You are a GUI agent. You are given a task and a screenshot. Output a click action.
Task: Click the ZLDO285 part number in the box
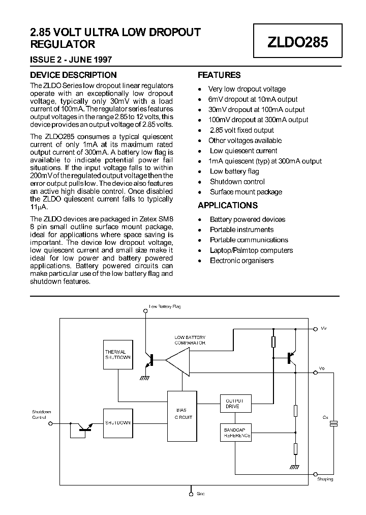click(x=298, y=42)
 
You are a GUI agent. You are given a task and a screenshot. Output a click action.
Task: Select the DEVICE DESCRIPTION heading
click(x=73, y=75)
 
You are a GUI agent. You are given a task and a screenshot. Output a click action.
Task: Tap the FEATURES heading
click(x=219, y=75)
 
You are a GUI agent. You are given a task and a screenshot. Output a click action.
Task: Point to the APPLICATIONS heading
click(x=228, y=206)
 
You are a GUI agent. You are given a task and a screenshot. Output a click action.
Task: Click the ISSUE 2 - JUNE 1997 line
click(x=71, y=60)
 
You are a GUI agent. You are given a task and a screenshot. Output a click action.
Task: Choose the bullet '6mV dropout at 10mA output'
click(x=253, y=99)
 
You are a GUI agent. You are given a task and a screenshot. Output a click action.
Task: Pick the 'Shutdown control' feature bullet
click(x=237, y=182)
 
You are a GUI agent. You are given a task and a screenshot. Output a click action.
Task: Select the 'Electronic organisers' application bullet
click(x=241, y=261)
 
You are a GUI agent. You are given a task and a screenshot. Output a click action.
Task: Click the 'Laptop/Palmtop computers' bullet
click(x=251, y=250)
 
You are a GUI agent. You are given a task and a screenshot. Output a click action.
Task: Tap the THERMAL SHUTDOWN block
click(x=117, y=355)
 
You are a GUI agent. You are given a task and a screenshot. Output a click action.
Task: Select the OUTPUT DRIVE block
click(x=235, y=404)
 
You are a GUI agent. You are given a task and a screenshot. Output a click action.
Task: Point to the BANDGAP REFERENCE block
click(x=235, y=433)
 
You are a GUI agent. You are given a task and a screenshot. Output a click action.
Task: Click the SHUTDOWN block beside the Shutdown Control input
click(x=117, y=423)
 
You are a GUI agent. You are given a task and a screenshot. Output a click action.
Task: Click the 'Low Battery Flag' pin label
click(x=165, y=307)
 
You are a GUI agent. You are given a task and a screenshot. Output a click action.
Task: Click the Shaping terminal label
click(x=325, y=479)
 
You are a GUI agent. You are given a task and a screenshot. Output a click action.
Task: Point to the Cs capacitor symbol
click(x=334, y=423)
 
